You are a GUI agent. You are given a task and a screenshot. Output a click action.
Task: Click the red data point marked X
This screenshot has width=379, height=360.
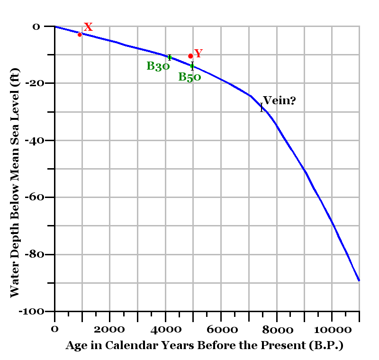80,34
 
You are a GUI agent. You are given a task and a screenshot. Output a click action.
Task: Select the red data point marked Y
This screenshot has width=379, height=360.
190,56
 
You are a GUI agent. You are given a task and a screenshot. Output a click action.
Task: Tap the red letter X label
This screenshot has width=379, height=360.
88,27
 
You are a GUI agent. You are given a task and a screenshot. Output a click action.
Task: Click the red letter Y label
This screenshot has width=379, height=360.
199,53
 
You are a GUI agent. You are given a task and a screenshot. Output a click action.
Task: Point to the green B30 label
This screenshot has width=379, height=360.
158,66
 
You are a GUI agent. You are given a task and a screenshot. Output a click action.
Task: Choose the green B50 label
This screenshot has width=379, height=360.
189,77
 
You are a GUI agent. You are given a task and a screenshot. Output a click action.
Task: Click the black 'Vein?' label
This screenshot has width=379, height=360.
279,100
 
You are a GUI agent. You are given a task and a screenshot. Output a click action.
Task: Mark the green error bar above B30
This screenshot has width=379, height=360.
169,57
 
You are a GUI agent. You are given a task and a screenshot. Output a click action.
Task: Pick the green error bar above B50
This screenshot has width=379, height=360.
192,66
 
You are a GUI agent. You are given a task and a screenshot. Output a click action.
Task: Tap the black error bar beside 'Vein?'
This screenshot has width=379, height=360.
261,108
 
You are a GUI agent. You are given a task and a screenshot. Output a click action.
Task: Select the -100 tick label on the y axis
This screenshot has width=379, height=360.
33,312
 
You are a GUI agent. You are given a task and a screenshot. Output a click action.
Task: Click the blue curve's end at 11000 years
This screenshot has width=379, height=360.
359,280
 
